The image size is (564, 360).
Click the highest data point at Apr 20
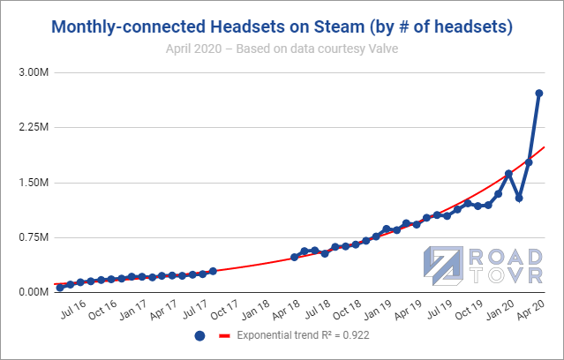tap(539, 94)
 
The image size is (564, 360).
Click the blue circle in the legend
tap(199, 336)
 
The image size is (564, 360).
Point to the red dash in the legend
tap(224, 336)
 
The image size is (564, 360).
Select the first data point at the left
tap(60, 288)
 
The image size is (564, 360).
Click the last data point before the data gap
tap(213, 271)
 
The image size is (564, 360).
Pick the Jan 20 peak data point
tap(508, 174)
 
